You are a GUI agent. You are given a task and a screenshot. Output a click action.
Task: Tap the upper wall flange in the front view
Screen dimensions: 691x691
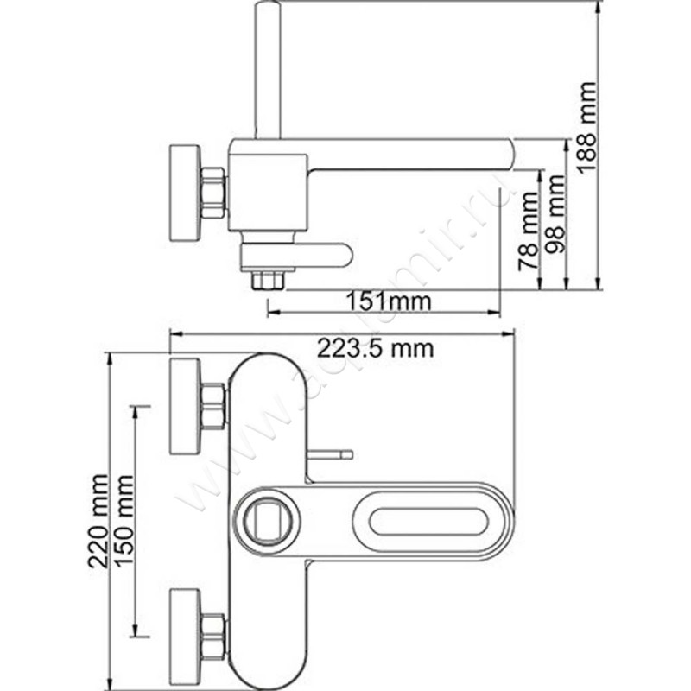point(184,404)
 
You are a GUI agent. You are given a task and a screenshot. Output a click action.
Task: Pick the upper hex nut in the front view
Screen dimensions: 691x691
point(212,405)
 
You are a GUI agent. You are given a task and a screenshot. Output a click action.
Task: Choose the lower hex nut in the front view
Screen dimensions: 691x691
point(212,637)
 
